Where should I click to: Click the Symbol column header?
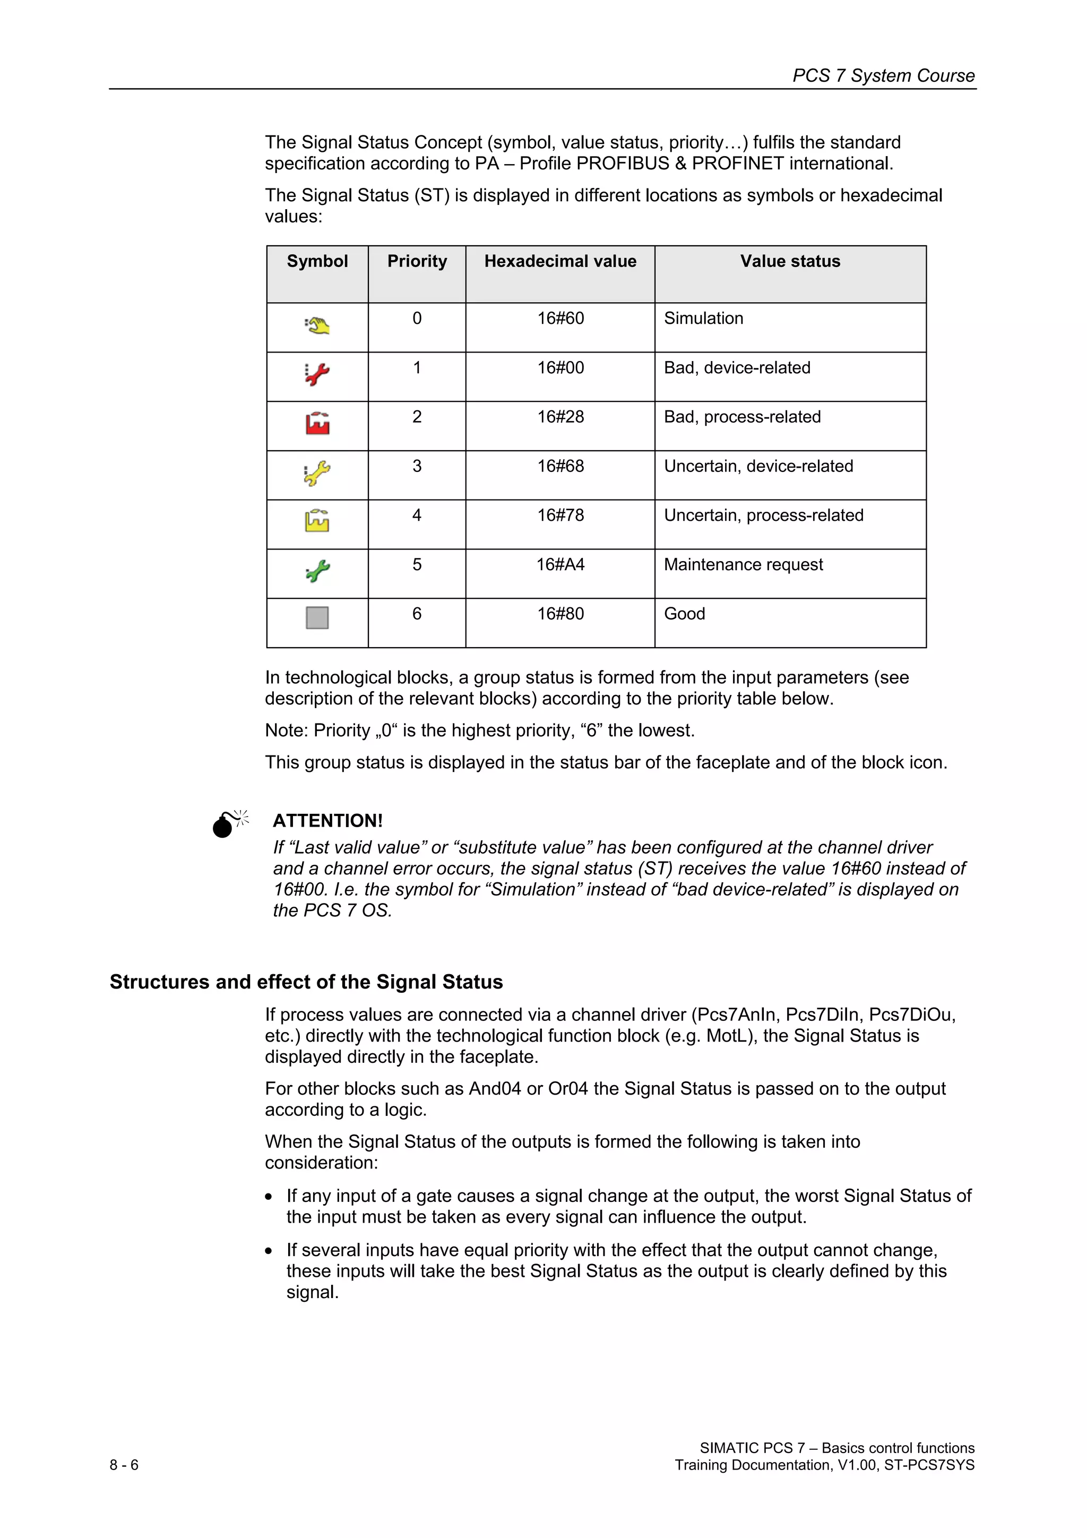point(317,261)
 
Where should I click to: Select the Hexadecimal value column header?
point(560,261)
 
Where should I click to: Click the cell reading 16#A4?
point(560,565)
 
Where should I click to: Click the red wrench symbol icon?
point(317,374)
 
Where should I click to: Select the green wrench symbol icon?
point(317,571)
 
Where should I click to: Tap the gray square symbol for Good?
point(317,617)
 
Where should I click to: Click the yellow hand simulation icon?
point(317,325)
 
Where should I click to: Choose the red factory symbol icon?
point(317,423)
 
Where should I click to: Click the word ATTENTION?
point(327,821)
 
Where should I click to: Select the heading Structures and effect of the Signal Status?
point(306,982)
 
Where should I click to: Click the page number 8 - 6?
point(124,1465)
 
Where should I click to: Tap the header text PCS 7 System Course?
point(883,76)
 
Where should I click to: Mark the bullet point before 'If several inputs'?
point(269,1251)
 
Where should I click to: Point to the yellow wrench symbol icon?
point(317,473)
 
